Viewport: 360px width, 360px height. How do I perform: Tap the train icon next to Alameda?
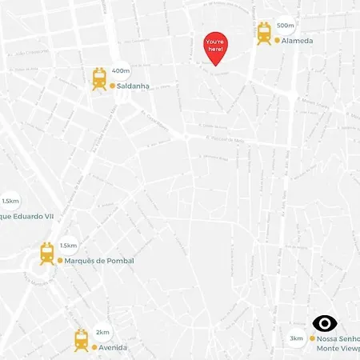pos(264,34)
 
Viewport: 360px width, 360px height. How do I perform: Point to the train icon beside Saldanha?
pos(100,78)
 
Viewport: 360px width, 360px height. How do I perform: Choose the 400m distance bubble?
pos(121,70)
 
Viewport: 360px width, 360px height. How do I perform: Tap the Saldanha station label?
pos(134,86)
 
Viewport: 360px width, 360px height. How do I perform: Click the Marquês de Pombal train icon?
pos(47,254)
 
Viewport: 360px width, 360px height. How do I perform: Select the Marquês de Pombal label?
pos(98,261)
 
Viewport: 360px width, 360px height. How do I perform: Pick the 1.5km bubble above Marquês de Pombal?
pos(68,246)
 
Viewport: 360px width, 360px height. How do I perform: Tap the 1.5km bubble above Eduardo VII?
pos(10,202)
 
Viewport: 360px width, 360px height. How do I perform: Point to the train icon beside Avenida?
pos(82,340)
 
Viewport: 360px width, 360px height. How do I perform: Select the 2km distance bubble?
pos(102,332)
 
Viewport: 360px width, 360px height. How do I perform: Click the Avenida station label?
pos(113,348)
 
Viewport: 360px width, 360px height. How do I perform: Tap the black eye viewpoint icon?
pos(324,323)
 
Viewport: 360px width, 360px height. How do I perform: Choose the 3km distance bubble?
pos(297,338)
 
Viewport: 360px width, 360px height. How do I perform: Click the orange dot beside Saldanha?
pos(113,86)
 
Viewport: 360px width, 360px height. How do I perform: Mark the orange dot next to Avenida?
pos(94,348)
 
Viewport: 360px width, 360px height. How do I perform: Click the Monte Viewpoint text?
pos(338,350)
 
